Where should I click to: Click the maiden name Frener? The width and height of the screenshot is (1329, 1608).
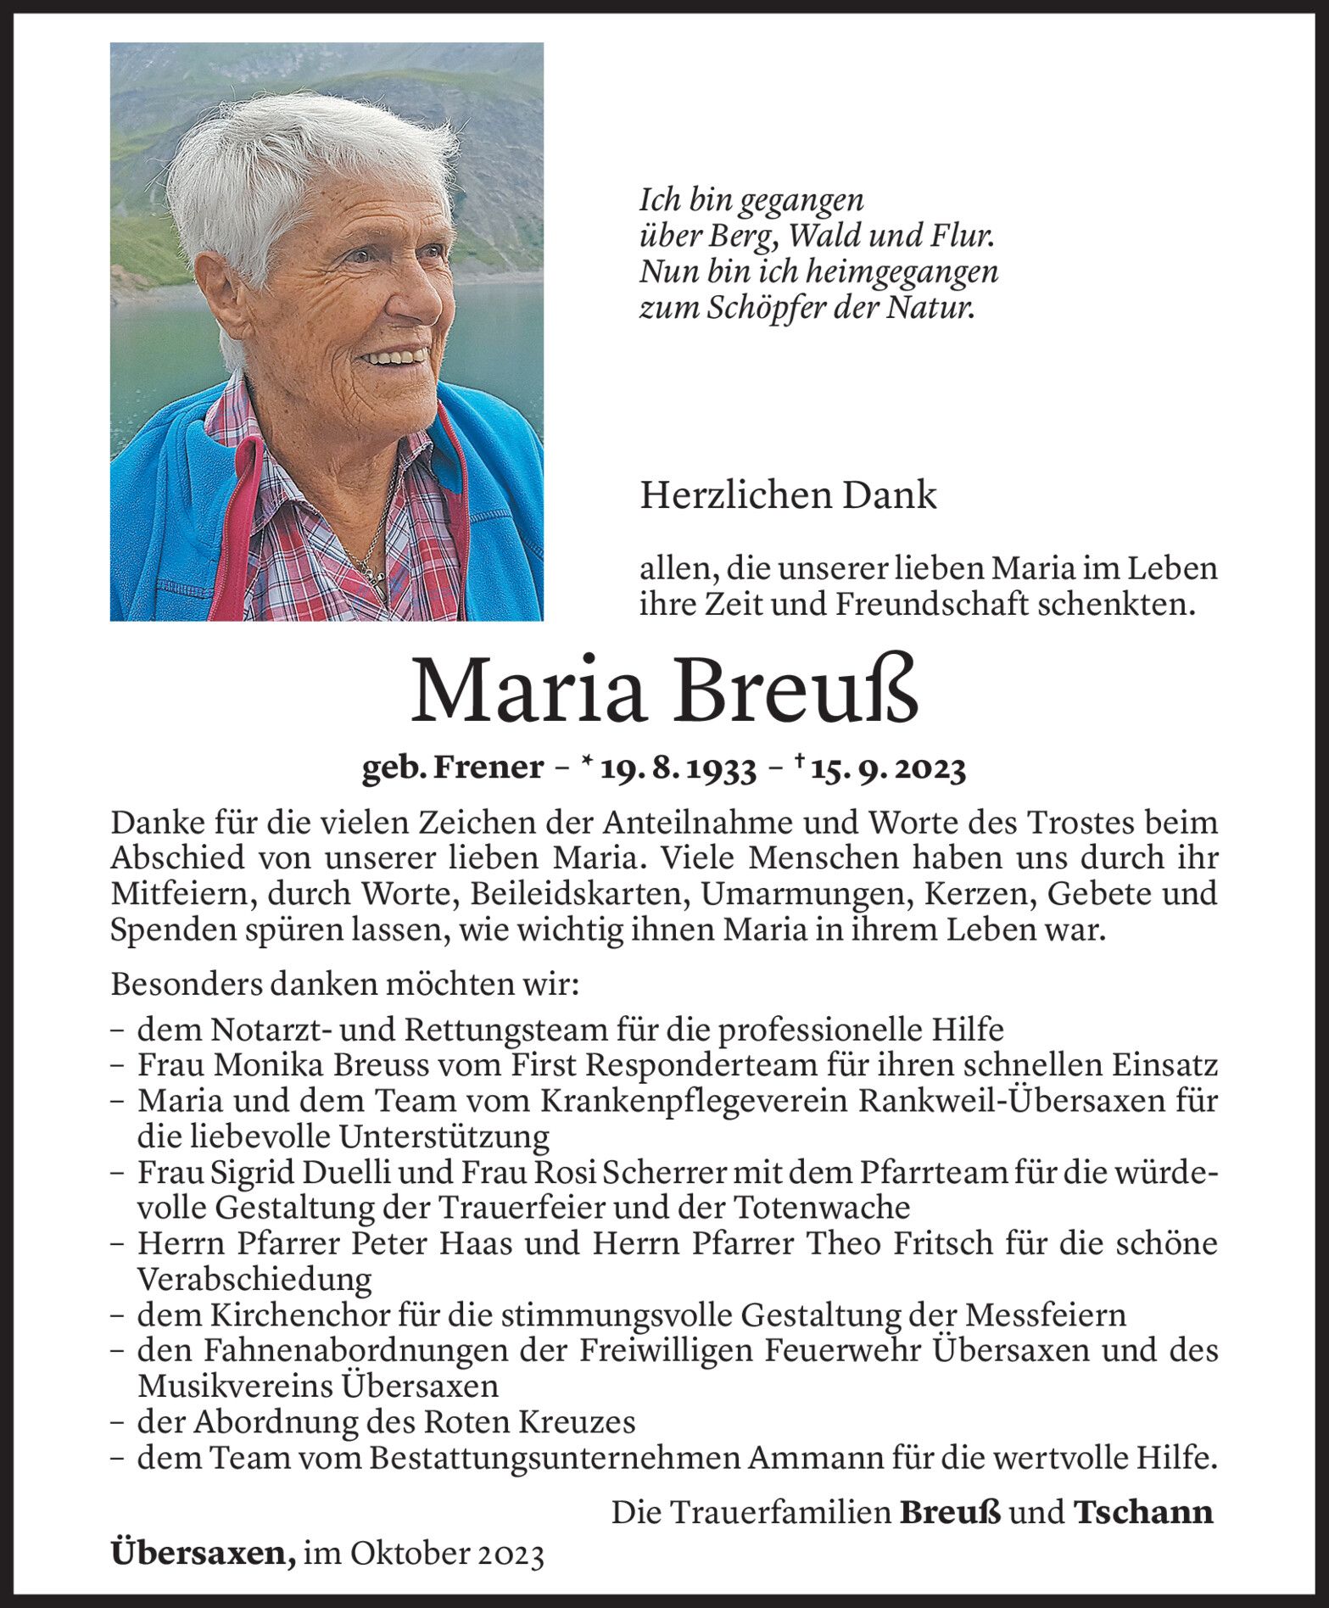tap(488, 768)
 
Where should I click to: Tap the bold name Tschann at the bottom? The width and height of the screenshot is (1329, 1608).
tap(1142, 1512)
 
